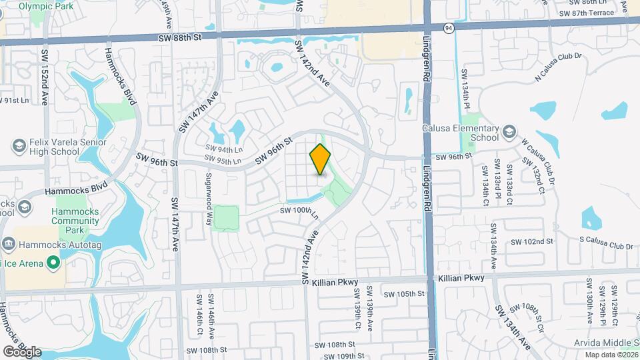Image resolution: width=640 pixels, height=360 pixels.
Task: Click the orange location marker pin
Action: coord(321,159)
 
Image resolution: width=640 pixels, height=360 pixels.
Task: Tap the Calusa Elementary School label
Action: coord(460,133)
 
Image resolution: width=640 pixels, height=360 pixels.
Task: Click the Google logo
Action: coord(22,351)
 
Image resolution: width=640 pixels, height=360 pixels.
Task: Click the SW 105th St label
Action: coord(403,293)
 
